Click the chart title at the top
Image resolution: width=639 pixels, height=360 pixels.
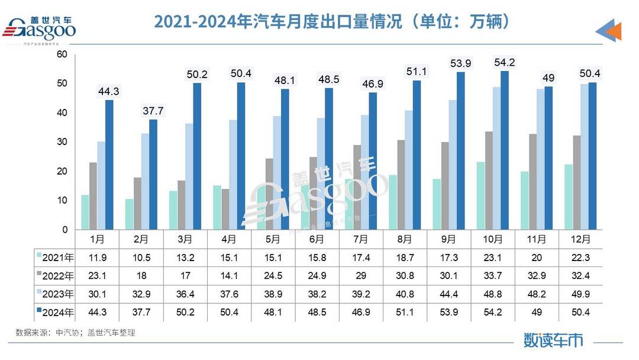(x=331, y=22)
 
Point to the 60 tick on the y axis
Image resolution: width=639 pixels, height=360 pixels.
(x=62, y=55)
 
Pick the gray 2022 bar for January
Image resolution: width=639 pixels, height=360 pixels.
(x=93, y=196)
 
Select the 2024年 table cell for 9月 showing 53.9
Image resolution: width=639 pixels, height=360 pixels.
(x=448, y=312)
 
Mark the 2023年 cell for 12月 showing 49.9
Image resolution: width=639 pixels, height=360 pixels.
(x=580, y=294)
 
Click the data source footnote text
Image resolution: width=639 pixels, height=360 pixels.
(x=76, y=333)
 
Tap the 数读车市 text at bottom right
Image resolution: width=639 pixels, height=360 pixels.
(x=553, y=340)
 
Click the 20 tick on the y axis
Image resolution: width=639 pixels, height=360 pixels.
(x=62, y=172)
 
